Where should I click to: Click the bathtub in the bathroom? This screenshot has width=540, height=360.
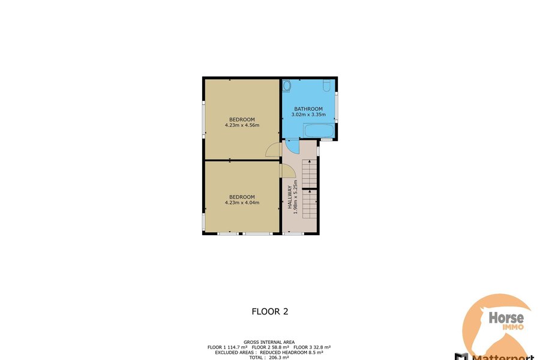319,131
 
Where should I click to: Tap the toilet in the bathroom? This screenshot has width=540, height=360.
327,85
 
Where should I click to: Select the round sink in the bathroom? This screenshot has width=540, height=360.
287,85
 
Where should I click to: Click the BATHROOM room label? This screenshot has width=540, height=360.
308,109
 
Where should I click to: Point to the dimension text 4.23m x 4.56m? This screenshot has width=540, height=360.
242,125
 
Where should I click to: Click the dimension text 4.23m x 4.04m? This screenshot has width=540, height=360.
242,203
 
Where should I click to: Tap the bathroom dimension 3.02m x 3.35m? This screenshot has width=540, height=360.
308,115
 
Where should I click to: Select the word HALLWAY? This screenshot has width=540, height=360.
290,197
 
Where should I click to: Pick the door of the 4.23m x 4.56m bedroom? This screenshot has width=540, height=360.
274,150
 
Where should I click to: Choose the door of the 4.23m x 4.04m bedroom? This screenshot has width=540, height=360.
287,171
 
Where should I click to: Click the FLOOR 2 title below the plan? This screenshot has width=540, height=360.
270,311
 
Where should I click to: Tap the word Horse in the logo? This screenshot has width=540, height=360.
506,317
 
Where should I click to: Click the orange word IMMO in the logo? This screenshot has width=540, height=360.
513,327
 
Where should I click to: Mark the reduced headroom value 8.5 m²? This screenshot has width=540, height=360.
315,352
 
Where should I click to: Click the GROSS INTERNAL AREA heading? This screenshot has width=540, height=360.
269,342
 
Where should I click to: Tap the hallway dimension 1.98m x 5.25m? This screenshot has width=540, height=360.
295,197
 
